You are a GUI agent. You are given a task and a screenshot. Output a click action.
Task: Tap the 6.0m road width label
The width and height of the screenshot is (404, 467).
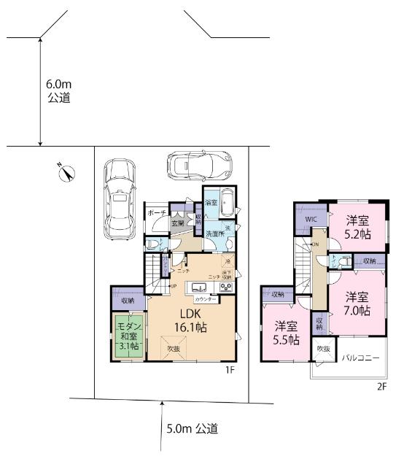[58, 90]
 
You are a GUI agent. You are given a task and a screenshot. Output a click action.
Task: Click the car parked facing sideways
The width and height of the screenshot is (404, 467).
[199, 164]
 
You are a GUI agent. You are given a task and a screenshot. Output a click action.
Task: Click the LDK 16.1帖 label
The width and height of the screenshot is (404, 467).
[190, 322]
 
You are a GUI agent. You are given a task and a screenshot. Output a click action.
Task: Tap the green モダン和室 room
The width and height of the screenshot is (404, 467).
[129, 336]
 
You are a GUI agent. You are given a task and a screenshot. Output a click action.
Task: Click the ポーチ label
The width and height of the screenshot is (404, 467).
[156, 212]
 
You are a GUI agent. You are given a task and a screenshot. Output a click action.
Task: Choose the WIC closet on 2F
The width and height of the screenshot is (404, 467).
[309, 218]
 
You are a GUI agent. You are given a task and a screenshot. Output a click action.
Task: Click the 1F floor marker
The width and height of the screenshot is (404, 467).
[230, 371]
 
